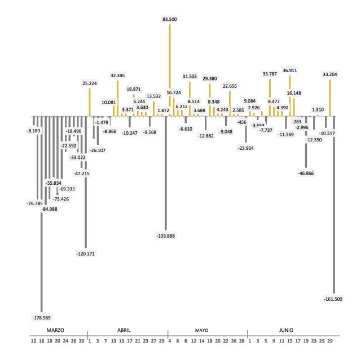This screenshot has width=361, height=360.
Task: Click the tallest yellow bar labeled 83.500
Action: pyautogui.click(x=169, y=68)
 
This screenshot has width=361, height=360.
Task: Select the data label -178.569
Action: pyautogui.click(x=42, y=317)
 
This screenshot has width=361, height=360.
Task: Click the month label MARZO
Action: pyautogui.click(x=55, y=330)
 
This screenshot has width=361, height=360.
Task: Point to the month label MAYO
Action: pyautogui.click(x=202, y=330)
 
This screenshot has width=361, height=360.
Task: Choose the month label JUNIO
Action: pyautogui.click(x=286, y=330)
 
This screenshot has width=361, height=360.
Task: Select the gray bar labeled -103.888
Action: pyautogui.click(x=165, y=172)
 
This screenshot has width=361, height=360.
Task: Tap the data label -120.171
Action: pyautogui.click(x=85, y=254)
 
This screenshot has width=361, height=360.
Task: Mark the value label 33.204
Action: pyautogui.click(x=330, y=74)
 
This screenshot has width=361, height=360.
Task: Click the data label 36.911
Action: pyautogui.click(x=290, y=70)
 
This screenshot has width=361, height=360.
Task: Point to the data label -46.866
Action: pyautogui.click(x=306, y=174)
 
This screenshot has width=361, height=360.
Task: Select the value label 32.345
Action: pyautogui.click(x=117, y=75)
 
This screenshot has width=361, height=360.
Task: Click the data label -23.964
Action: pyautogui.click(x=246, y=148)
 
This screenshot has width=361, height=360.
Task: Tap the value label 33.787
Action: pyautogui.click(x=270, y=74)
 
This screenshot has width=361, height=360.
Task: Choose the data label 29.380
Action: pyautogui.click(x=210, y=79)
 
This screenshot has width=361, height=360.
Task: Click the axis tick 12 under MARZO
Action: pyautogui.click(x=34, y=340)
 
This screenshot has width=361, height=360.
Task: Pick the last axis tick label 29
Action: pyautogui.click(x=330, y=340)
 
